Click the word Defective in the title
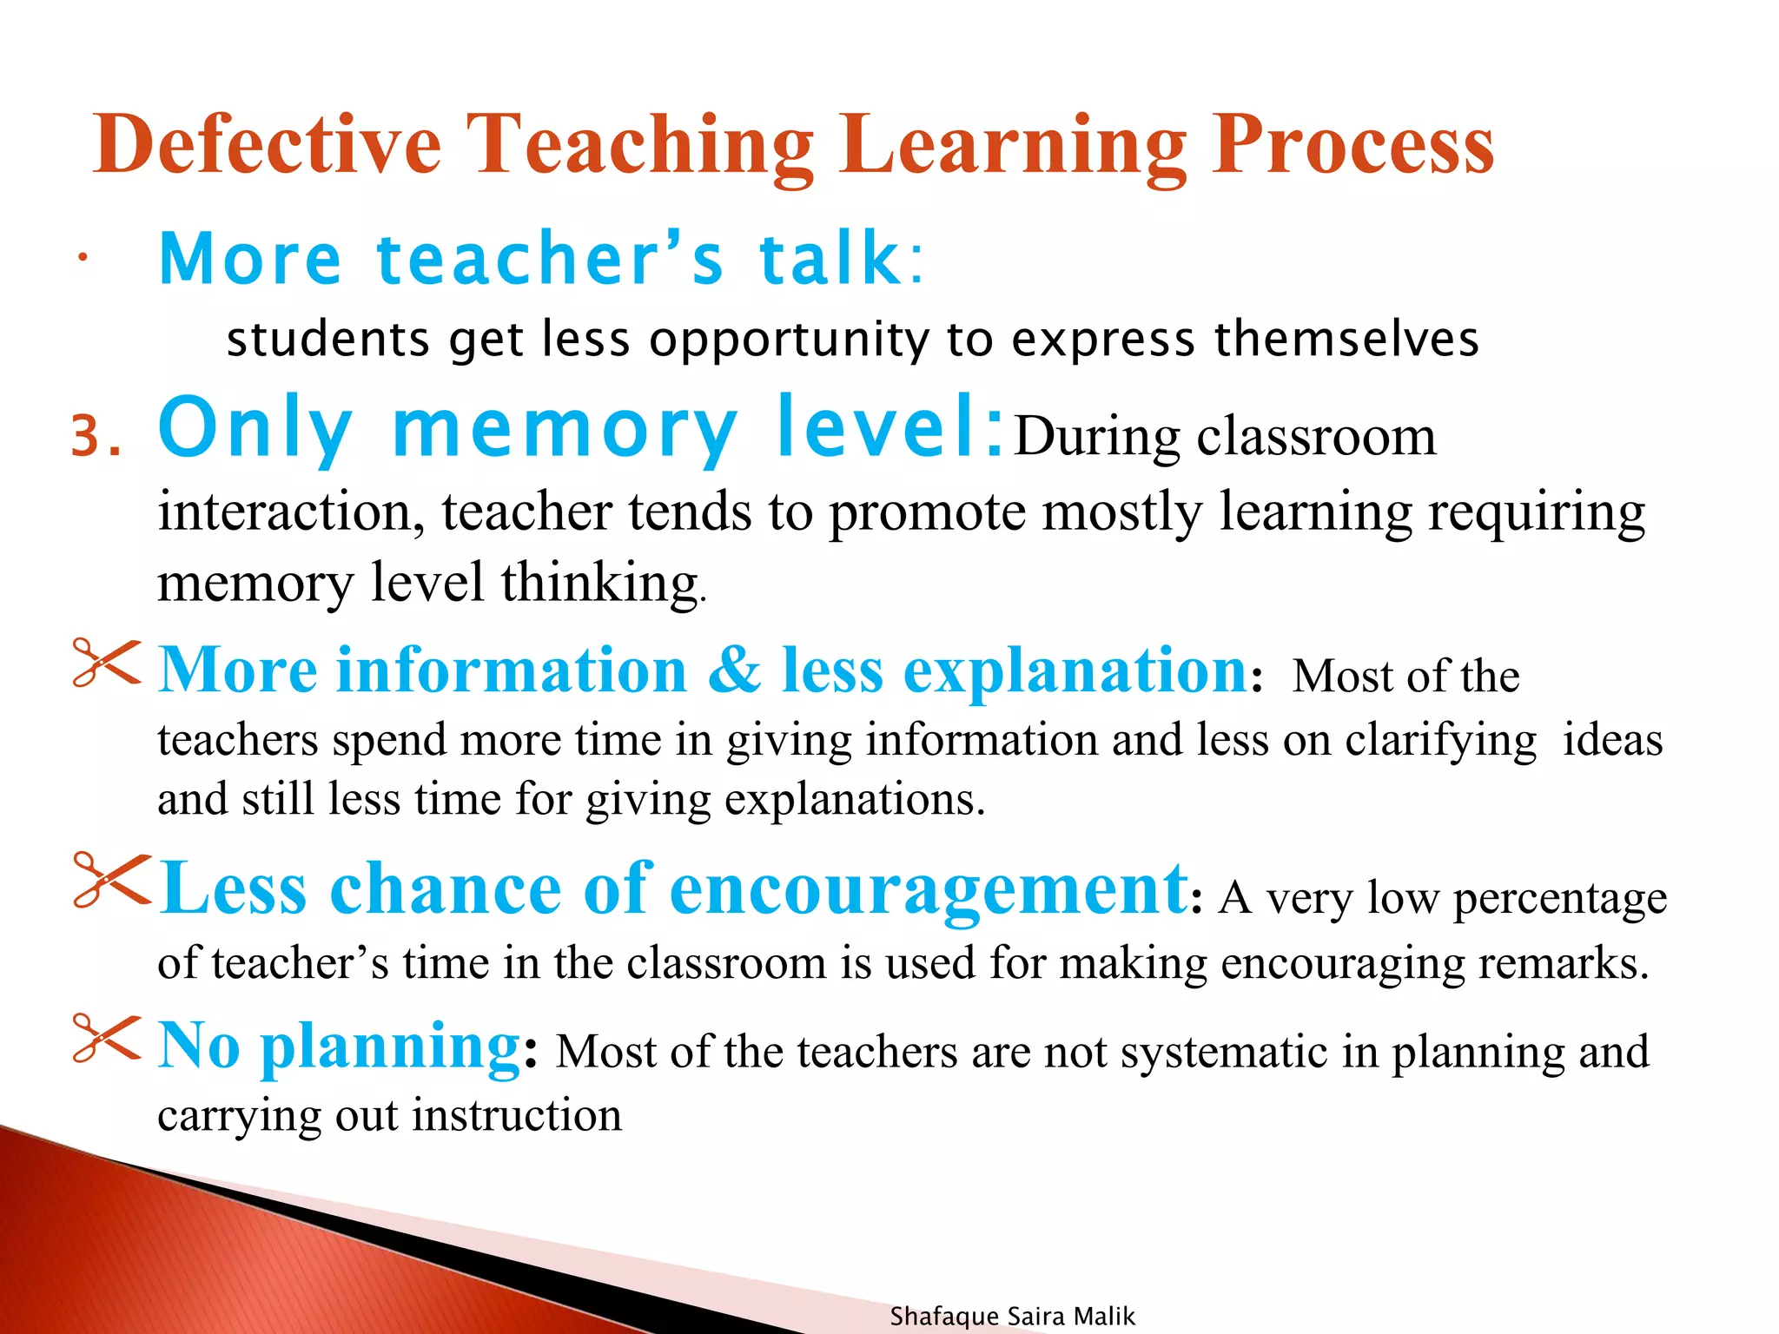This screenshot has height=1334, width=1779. click(268, 145)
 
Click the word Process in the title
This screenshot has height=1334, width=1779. click(1352, 145)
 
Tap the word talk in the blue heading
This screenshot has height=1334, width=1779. click(830, 259)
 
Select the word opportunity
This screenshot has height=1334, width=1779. click(789, 339)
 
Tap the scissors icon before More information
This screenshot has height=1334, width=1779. click(106, 664)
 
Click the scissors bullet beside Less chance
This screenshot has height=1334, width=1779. click(111, 880)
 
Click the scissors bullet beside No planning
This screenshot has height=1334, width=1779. click(106, 1038)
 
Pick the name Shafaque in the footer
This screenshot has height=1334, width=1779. click(943, 1317)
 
